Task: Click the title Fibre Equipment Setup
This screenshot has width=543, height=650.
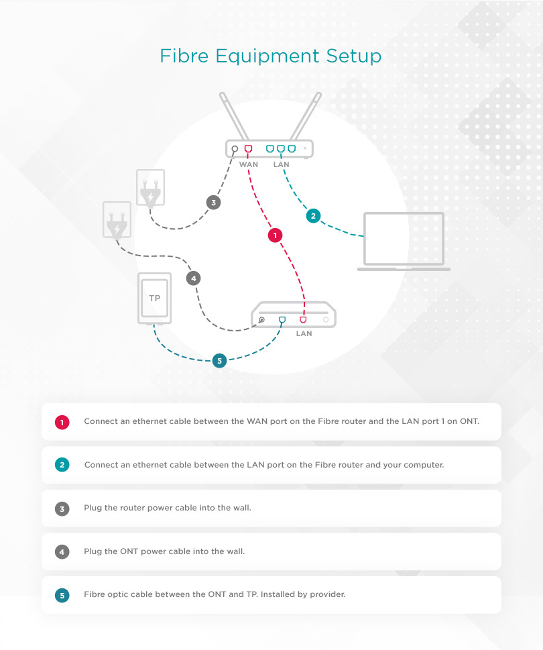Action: (270, 56)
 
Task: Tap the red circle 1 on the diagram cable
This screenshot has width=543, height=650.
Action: (275, 235)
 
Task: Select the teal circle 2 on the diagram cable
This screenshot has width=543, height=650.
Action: (313, 216)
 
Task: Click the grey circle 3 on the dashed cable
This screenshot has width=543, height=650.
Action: (213, 203)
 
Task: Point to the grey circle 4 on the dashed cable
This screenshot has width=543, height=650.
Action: (192, 278)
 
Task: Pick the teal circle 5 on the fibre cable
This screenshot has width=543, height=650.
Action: (219, 361)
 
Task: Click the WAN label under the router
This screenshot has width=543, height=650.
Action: (248, 164)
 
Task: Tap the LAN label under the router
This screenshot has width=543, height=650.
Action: (282, 164)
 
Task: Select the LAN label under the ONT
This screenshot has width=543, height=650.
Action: (304, 333)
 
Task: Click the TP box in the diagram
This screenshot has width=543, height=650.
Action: (154, 298)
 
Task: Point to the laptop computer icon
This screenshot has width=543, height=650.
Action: (404, 241)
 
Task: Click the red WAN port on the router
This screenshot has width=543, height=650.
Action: (248, 149)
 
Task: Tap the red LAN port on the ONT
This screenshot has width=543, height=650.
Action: (303, 320)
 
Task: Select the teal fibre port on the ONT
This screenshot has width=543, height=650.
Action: (282, 320)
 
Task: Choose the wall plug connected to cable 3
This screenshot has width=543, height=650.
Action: (150, 188)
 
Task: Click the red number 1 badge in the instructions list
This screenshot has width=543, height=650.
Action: (62, 422)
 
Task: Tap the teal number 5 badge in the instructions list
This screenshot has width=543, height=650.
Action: (62, 594)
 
